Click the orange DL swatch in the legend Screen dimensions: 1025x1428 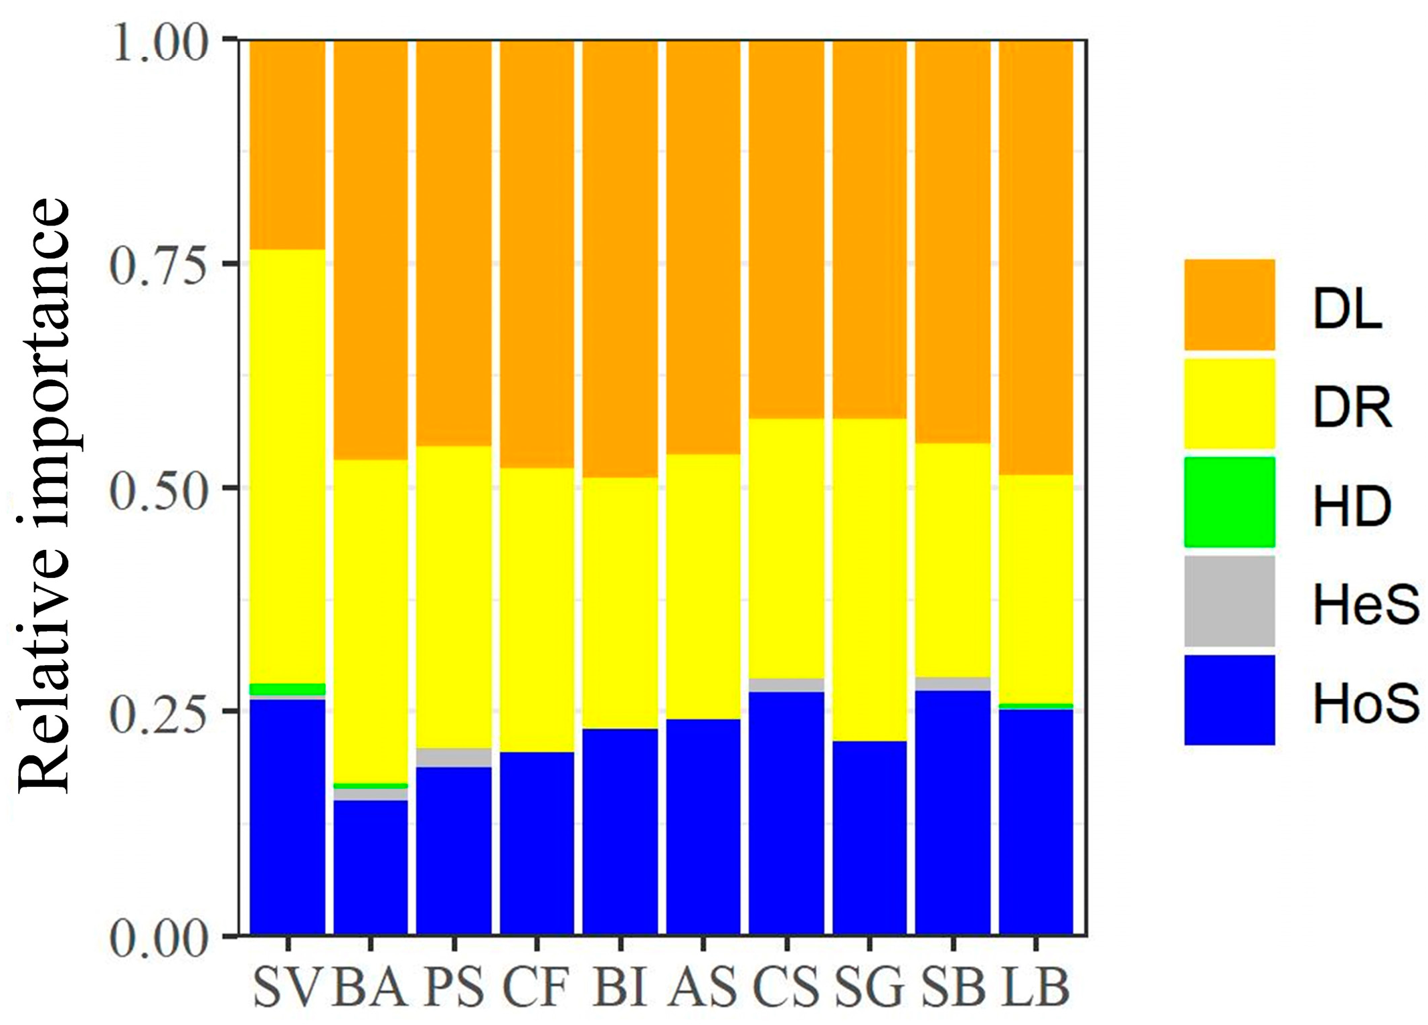coord(1229,304)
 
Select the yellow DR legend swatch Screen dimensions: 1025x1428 coord(1229,403)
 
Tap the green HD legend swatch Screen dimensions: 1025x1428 coord(1229,502)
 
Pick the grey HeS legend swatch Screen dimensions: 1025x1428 coord(1229,601)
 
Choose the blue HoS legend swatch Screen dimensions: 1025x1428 coord(1229,700)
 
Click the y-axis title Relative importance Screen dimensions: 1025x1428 coord(44,495)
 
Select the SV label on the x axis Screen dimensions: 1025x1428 coord(288,987)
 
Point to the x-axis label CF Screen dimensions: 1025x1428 coord(536,987)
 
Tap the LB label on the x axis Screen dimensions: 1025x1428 coord(1035,987)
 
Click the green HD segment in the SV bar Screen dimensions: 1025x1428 coord(288,689)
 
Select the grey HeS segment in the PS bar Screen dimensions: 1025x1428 coord(454,757)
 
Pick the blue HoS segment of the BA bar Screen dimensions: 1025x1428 coord(371,866)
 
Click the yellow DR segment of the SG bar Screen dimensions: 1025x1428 coord(869,579)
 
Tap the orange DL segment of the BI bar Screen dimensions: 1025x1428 coord(620,258)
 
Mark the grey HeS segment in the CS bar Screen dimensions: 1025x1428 coord(786,685)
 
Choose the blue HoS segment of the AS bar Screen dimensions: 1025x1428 coord(703,826)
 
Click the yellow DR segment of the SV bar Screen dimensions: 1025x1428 coord(288,465)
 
